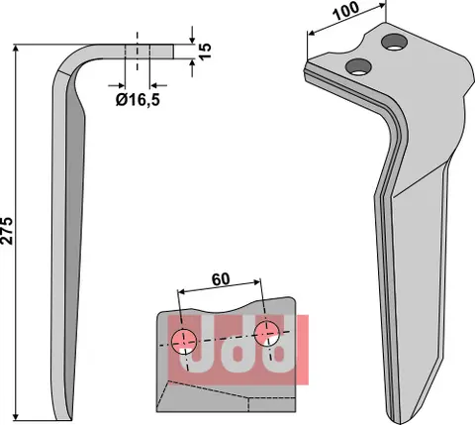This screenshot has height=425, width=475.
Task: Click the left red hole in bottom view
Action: click(x=183, y=341)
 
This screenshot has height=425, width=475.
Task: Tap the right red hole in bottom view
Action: click(x=266, y=333)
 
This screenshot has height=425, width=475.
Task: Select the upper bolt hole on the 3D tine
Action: click(x=395, y=42)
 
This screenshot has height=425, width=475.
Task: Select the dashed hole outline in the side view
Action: click(x=138, y=51)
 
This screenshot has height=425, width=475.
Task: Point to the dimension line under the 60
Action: click(x=222, y=294)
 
